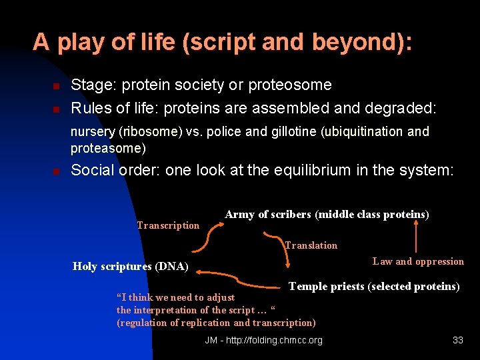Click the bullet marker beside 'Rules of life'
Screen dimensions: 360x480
(x=57, y=108)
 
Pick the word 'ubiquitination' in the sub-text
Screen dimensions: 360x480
(x=366, y=132)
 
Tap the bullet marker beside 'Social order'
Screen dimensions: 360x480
(x=57, y=171)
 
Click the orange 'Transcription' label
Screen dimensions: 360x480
(x=168, y=225)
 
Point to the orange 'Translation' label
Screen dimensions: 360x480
(x=311, y=245)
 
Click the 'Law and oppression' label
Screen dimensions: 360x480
(x=418, y=261)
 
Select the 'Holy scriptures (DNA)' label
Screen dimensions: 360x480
(x=130, y=267)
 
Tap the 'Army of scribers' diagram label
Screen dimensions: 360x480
(x=327, y=214)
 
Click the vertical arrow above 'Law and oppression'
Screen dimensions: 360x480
(x=417, y=237)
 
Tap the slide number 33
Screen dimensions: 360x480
(x=457, y=340)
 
